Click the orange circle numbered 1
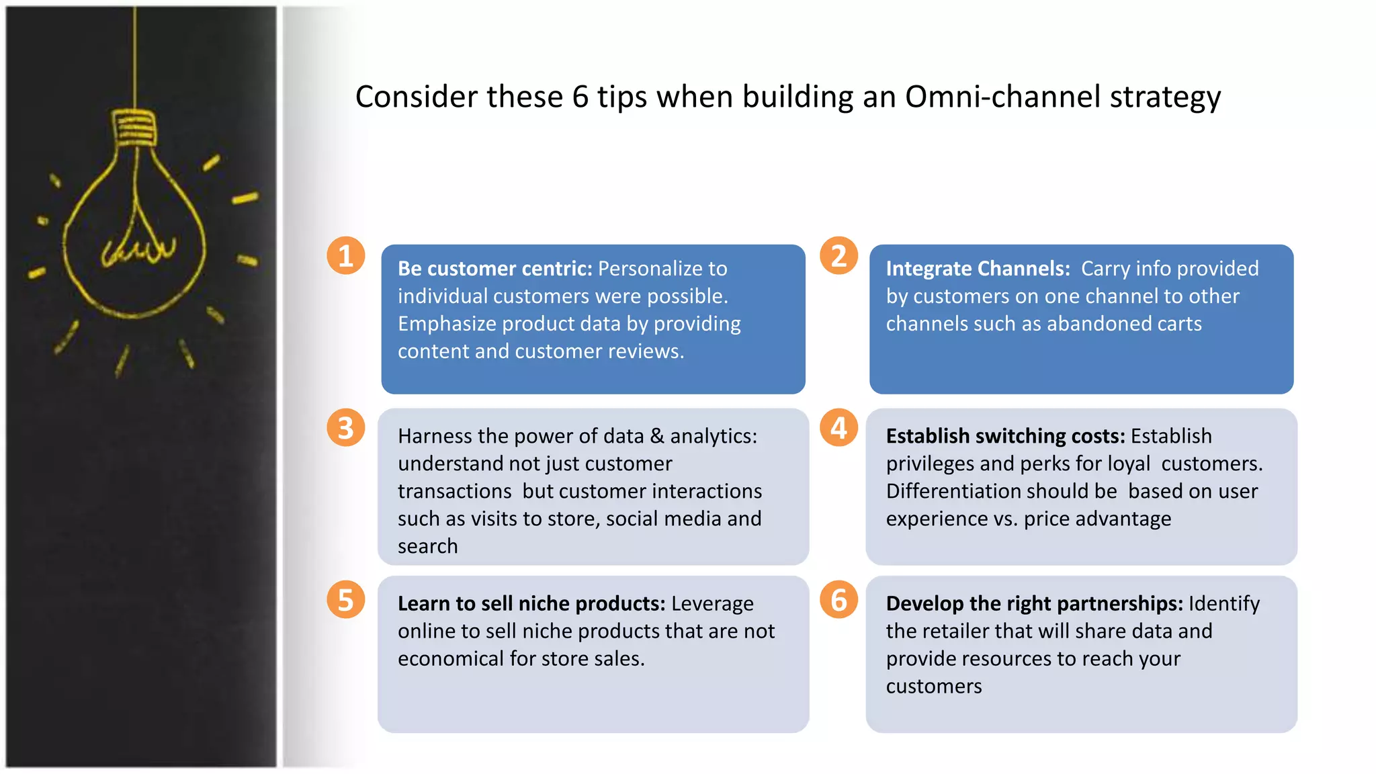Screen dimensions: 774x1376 pyautogui.click(x=346, y=256)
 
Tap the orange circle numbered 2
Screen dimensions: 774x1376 pyautogui.click(x=838, y=256)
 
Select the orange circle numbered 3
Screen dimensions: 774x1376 pyautogui.click(x=346, y=428)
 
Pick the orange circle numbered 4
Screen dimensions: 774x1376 pyautogui.click(x=838, y=428)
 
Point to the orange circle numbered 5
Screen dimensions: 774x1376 pyautogui.click(x=346, y=600)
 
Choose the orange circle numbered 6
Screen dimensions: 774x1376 pyautogui.click(x=838, y=600)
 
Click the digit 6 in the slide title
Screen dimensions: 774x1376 pyautogui.click(x=580, y=97)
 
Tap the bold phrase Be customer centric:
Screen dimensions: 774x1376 pyautogui.click(x=494, y=269)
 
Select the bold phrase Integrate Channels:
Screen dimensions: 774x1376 pyautogui.click(x=978, y=269)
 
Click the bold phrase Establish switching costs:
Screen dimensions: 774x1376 pyautogui.click(x=1005, y=436)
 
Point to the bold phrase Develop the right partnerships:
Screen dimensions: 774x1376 pyautogui.click(x=1034, y=603)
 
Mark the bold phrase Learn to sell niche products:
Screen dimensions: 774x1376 pyautogui.click(x=531, y=603)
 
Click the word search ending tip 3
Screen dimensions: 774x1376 pyautogui.click(x=427, y=546)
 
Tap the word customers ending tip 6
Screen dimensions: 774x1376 pyautogui.click(x=933, y=686)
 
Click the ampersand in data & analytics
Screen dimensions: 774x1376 pyautogui.click(x=657, y=436)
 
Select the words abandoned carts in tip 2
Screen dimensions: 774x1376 pyautogui.click(x=1124, y=324)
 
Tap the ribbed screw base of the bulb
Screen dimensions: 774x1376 pyautogui.click(x=134, y=128)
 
